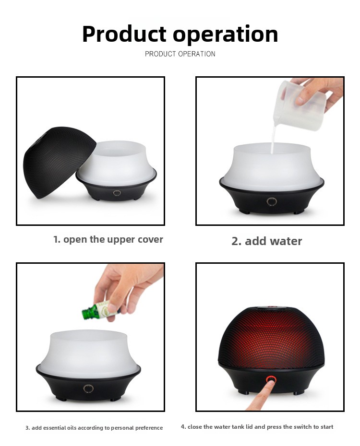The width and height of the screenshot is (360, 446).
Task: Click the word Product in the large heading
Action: (124, 34)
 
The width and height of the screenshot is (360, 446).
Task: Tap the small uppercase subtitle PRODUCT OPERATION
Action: (180, 54)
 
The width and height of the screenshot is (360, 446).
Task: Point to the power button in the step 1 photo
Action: (117, 193)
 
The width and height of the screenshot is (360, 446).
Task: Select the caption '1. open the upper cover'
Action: (108, 239)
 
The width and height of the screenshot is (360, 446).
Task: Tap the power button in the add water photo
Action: (272, 201)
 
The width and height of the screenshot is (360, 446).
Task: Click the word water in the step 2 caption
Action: (286, 241)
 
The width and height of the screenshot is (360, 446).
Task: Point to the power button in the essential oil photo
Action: (88, 388)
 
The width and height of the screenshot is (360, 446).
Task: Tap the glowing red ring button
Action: (270, 379)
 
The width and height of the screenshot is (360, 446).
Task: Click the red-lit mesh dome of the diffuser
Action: (271, 336)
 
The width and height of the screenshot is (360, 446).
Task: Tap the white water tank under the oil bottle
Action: (88, 353)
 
